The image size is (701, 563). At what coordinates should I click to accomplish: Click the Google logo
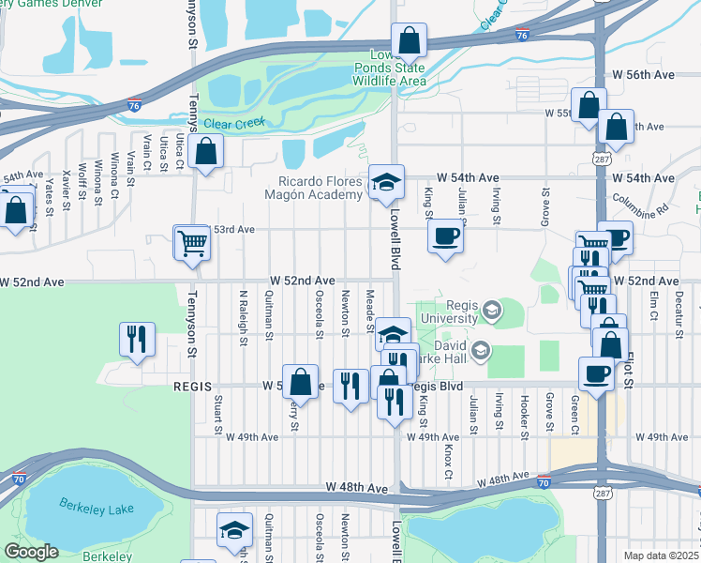click(x=30, y=552)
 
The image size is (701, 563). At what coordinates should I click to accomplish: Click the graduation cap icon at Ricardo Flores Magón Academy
click(x=384, y=183)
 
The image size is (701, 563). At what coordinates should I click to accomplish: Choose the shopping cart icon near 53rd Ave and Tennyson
click(x=192, y=243)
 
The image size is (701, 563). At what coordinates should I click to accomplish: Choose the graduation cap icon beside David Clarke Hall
click(x=482, y=351)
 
